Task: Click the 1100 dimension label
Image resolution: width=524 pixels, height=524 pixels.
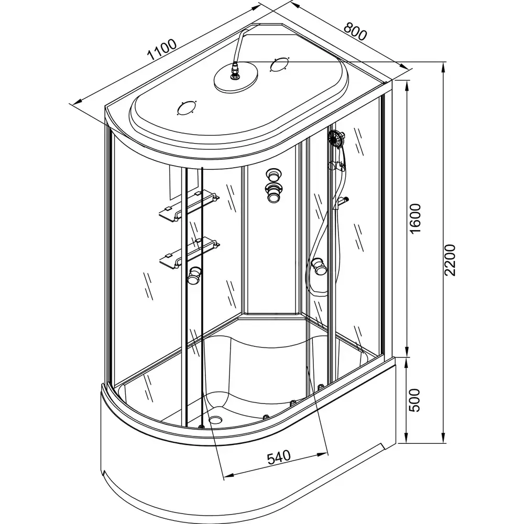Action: [161, 51]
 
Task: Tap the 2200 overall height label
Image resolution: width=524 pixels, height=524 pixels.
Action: [452, 260]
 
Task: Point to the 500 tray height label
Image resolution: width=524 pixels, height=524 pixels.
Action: [415, 400]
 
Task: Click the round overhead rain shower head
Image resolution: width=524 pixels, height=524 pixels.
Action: [236, 79]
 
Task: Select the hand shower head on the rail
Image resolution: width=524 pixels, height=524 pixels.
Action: [336, 139]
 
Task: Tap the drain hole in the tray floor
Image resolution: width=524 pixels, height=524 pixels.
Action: [216, 419]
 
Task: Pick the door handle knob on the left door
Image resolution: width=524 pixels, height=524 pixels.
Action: [195, 275]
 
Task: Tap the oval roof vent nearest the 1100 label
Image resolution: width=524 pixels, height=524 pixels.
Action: [186, 109]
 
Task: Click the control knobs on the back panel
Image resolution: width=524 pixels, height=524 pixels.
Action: [273, 185]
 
